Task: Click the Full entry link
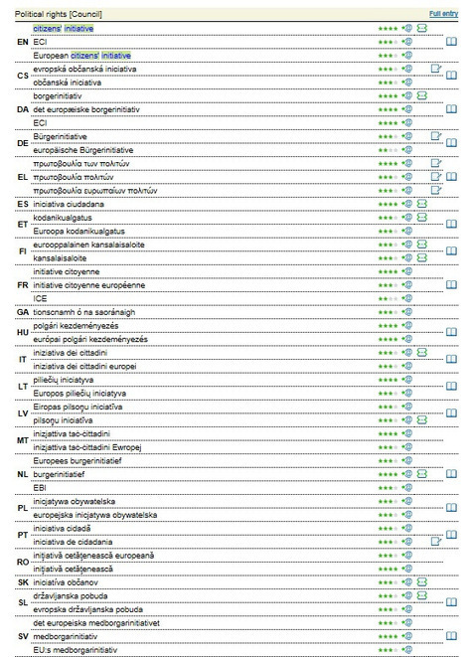pyautogui.click(x=443, y=14)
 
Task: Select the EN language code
pyautogui.click(x=23, y=43)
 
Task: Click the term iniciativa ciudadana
pyautogui.click(x=76, y=203)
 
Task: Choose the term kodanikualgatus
pyautogui.click(x=63, y=217)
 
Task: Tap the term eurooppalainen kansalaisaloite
pyautogui.click(x=88, y=244)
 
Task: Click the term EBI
pyautogui.click(x=40, y=487)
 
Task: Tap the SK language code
pyautogui.click(x=23, y=581)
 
